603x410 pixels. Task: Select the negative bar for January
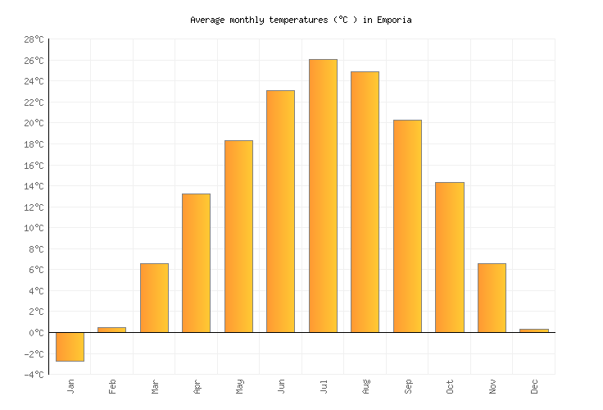point(70,347)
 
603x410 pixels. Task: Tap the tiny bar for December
point(533,330)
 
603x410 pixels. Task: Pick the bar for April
point(196,262)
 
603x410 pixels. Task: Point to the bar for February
point(111,330)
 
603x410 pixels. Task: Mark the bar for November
point(492,298)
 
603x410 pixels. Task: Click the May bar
point(238,236)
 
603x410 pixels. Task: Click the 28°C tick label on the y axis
point(34,39)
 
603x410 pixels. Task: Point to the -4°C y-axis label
point(34,375)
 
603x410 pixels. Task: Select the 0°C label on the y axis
point(36,333)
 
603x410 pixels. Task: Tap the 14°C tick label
point(34,186)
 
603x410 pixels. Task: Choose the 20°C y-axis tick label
point(34,123)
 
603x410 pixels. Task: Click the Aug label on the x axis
point(365,385)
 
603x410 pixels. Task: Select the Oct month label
point(450,385)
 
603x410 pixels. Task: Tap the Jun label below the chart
point(281,385)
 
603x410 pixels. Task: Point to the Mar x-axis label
point(154,385)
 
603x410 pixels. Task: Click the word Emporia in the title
point(394,20)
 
